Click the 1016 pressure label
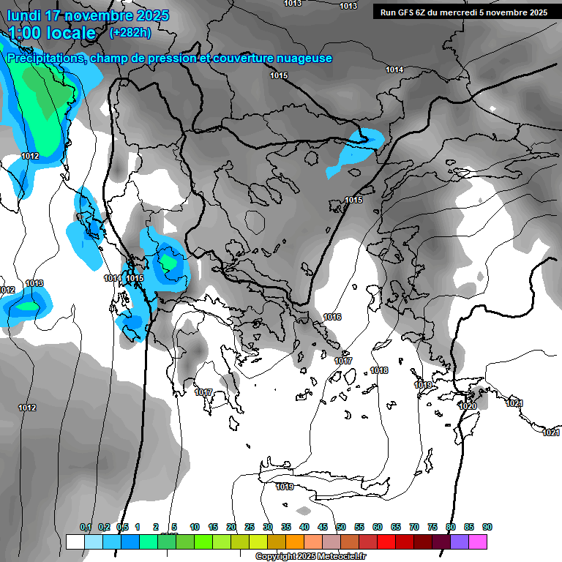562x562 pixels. point(332,317)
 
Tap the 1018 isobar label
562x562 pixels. point(379,370)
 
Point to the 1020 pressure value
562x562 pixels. point(468,406)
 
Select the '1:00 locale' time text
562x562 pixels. point(52,33)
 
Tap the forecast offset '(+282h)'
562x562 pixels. point(130,32)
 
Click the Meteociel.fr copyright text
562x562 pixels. point(311,556)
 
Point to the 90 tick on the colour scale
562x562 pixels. point(487,527)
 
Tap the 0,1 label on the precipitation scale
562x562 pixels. point(86,527)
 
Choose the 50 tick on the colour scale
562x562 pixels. point(341,527)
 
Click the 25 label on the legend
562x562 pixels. point(250,527)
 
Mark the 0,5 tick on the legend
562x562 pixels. point(122,527)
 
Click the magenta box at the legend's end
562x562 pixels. point(478,542)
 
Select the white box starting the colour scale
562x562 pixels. point(75,542)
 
